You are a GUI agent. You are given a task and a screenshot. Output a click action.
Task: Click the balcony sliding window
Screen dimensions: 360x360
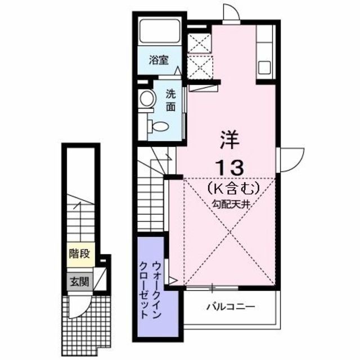coord(211,289)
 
